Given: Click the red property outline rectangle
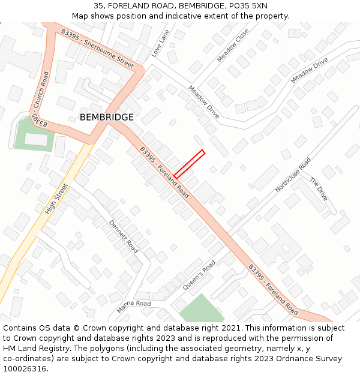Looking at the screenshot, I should tap(189, 164).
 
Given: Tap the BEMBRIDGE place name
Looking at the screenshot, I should tap(107, 117).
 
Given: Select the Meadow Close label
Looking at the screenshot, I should tap(233, 45).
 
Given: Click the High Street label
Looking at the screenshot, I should tap(57, 199).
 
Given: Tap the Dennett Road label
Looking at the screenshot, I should tap(124, 236).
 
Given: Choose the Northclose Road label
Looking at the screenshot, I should tap(293, 175).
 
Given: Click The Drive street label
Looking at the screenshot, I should tap(319, 188).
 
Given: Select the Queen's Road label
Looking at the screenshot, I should tap(199, 275).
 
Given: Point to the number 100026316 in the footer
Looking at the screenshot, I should tap(25, 368).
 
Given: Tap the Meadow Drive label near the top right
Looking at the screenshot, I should tap(310, 71).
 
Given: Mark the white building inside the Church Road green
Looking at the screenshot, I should tap(35, 139).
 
